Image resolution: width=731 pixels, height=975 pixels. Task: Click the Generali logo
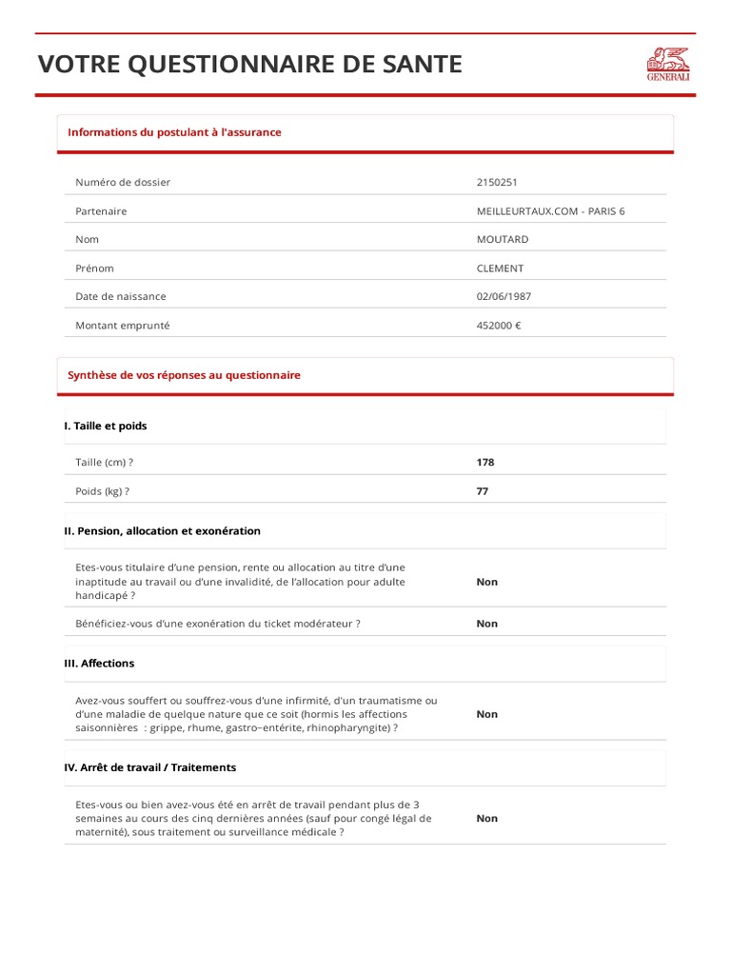point(667,64)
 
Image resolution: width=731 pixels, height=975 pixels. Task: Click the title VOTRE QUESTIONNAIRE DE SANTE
point(249,65)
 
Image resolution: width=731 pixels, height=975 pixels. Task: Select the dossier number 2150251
point(497,183)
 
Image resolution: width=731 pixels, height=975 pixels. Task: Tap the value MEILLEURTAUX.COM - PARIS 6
point(550,211)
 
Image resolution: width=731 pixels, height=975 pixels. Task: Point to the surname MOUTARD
point(502,240)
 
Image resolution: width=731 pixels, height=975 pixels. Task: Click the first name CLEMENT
point(500,269)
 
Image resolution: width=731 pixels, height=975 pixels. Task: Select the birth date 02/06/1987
point(504,297)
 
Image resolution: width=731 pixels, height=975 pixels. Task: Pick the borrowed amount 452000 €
point(498,326)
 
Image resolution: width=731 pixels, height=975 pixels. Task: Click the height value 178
point(485,463)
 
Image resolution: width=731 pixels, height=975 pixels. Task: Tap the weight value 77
point(483,492)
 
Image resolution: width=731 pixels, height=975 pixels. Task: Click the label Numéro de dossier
point(123,183)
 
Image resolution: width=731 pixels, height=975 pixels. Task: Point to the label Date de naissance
point(121,297)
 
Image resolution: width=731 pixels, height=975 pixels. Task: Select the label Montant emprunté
point(123,326)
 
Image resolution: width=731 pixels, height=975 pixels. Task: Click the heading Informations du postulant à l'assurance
point(174,132)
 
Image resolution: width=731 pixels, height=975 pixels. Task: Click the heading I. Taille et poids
point(106,427)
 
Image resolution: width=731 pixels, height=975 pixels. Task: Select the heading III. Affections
point(99,664)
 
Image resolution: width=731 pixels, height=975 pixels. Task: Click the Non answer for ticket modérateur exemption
point(486,624)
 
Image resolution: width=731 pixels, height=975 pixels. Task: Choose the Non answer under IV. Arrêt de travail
point(486,818)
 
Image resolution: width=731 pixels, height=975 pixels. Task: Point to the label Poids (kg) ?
point(102,492)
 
